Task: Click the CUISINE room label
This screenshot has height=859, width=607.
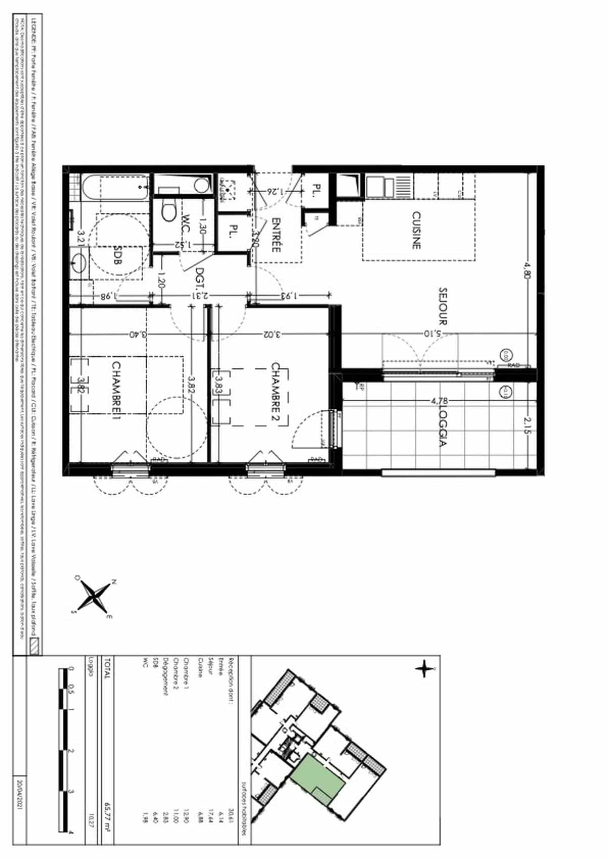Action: point(416,230)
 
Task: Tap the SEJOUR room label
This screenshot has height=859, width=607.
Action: point(443,306)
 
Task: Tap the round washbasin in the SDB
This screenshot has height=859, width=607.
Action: point(79,262)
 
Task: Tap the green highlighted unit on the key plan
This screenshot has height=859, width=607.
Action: point(318,774)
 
